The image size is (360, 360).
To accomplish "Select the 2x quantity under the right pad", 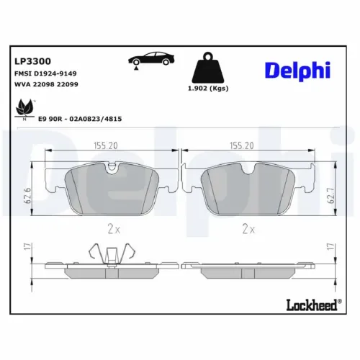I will pyautogui.click(x=248, y=229).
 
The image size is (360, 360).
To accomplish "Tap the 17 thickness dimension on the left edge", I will pyautogui.click(x=29, y=248).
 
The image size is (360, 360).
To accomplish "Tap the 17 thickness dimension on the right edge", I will pyautogui.click(x=330, y=248).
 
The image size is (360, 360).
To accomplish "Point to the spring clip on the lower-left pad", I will pyautogui.click(x=112, y=254).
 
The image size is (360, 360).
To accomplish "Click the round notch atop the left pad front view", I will pyautogui.click(x=111, y=168).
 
